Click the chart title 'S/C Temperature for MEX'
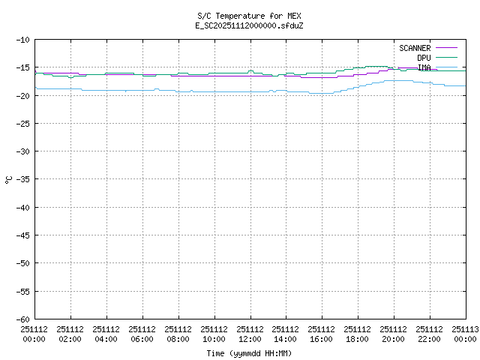249,16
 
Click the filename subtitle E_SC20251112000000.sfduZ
249,25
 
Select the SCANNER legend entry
415,48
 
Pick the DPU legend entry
424,58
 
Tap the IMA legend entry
424,67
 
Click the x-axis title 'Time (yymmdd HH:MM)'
249,353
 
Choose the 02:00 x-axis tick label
70,334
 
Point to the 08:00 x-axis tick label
178,334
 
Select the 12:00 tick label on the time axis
250,334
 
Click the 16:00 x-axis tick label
322,334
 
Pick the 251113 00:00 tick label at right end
465,334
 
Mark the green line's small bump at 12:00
250,71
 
